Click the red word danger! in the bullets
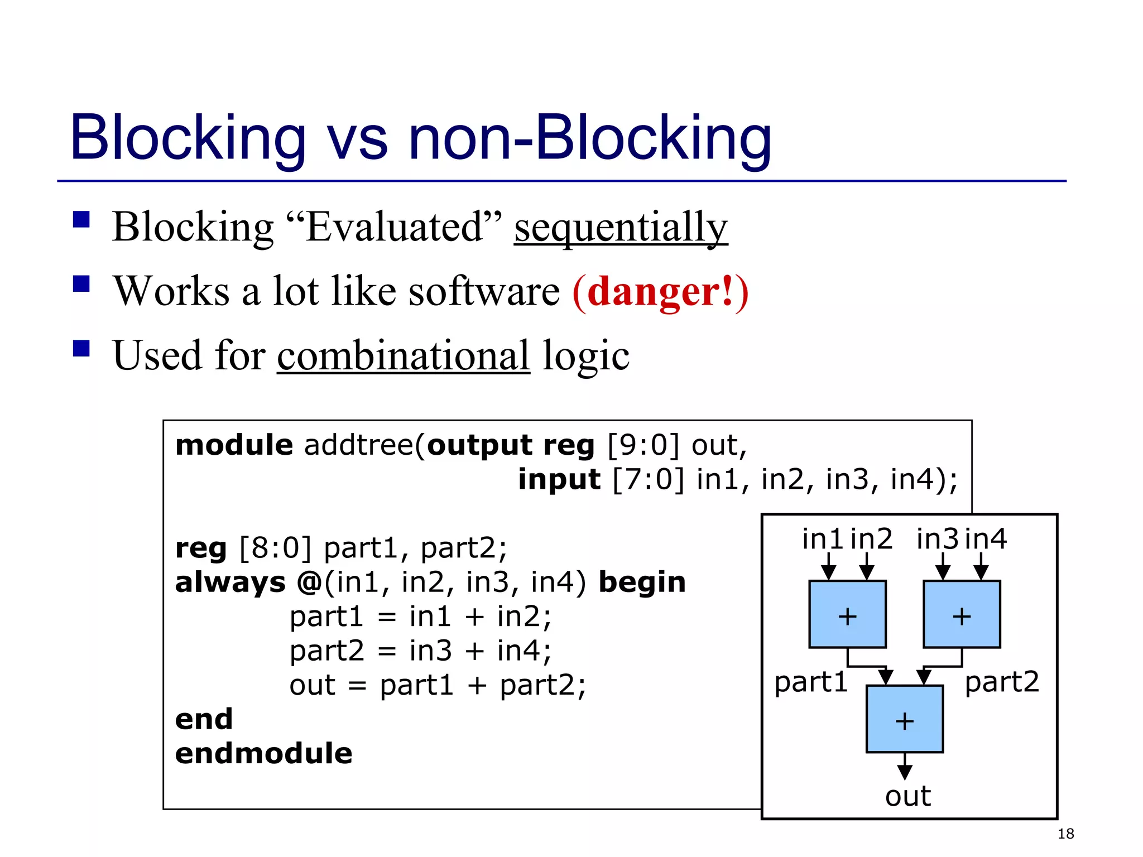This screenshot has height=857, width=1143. coord(660,292)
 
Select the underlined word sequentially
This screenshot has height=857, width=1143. coord(621,228)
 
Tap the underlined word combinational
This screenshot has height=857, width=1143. coord(403,356)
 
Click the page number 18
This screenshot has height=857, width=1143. coord(1065,834)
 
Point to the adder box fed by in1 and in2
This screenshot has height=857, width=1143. coord(847,614)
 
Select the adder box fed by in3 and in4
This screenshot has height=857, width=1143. coord(962,614)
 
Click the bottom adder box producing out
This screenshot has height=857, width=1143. coord(904,719)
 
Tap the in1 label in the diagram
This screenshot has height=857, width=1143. coord(822,539)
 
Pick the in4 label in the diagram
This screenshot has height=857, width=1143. coord(986,539)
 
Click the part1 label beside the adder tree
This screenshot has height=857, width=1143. coord(811,682)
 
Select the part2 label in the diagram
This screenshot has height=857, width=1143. coord(1002,682)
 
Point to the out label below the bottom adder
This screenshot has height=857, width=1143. coord(907,796)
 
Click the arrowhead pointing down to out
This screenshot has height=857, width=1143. coord(905,772)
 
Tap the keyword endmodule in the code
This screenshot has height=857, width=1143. coord(263,754)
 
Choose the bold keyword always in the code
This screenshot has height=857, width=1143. coord(230,582)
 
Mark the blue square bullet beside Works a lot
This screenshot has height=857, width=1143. coord(81,284)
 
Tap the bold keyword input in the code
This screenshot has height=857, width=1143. coord(559,479)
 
